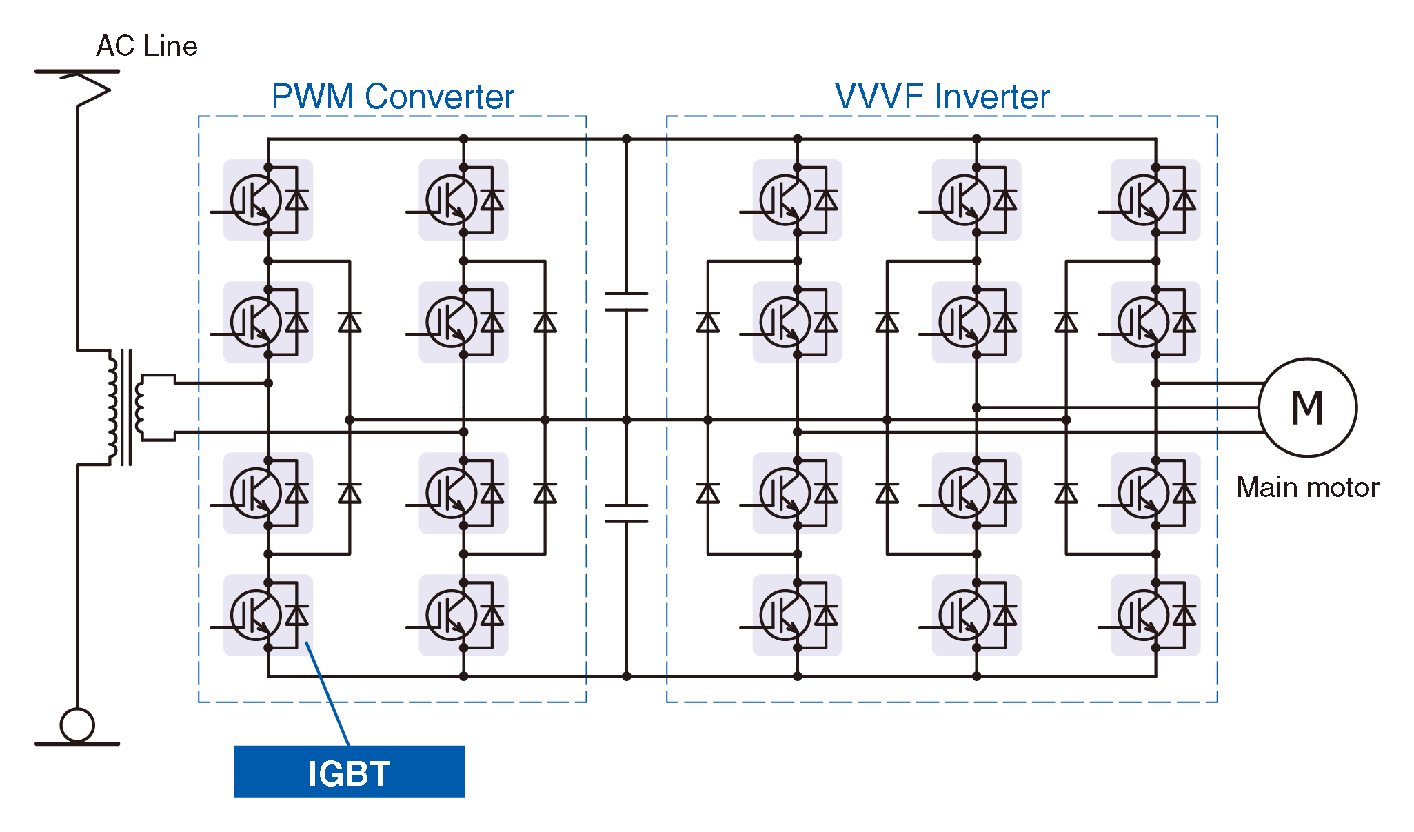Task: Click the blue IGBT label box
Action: coord(349,771)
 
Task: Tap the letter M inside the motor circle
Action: coord(1307,407)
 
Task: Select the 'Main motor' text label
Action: coord(1307,487)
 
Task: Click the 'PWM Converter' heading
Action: coord(392,97)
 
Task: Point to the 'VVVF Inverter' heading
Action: coord(942,97)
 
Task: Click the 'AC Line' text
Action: coord(147,46)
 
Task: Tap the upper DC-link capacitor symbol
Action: coord(626,301)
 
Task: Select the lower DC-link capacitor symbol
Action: coord(626,513)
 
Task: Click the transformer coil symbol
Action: coord(124,407)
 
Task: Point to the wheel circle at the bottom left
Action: coord(77,724)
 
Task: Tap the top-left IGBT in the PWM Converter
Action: coord(268,200)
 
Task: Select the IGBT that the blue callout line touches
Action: coord(268,615)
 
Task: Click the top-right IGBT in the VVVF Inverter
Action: coord(1155,200)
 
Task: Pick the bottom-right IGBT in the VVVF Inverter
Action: coord(1155,615)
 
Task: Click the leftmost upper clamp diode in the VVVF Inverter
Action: coord(708,322)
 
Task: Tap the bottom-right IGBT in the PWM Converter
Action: coord(463,615)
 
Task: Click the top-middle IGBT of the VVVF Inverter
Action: coord(976,200)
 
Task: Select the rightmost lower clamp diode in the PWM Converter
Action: coord(545,493)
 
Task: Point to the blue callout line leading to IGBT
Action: coord(327,693)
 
